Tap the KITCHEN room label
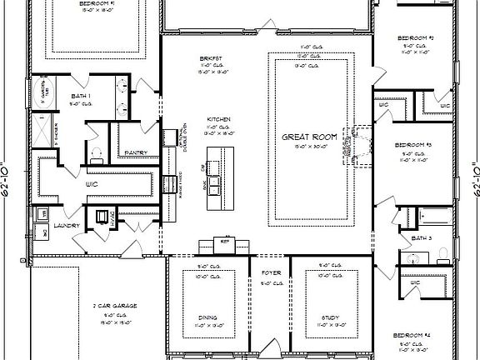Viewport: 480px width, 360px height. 219,120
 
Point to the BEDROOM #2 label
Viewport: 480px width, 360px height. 414,38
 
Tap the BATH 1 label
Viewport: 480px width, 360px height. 81,97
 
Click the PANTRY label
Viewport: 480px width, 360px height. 136,152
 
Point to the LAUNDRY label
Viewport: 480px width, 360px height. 66,225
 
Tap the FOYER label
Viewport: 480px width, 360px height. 271,272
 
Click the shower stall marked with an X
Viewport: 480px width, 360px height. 38,130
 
